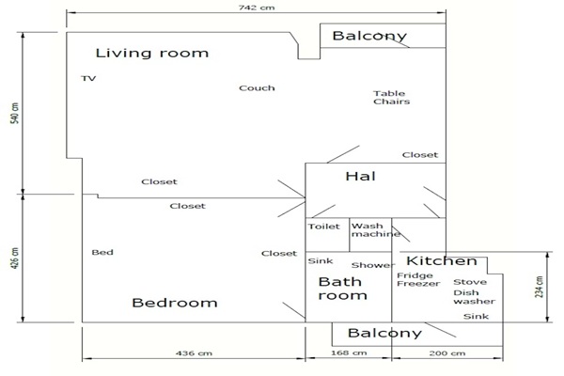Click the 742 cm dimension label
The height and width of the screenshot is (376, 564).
click(257, 8)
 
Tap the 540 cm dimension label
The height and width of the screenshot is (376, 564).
click(15, 114)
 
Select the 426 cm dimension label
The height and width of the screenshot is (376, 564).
click(15, 258)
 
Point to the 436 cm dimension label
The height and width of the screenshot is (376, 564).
click(194, 353)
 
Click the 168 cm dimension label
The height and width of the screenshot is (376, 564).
click(349, 353)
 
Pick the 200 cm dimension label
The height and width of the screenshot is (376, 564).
click(447, 353)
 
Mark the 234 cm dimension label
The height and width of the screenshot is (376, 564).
click(539, 287)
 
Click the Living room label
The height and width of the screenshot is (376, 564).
click(151, 54)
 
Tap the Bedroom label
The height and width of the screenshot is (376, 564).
click(175, 303)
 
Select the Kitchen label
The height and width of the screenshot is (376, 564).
click(442, 261)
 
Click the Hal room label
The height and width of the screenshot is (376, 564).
click(360, 177)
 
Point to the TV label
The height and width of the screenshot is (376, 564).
click(88, 78)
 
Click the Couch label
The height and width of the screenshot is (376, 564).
click(257, 88)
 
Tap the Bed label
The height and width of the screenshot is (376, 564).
click(102, 252)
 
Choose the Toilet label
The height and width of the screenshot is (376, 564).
click(323, 227)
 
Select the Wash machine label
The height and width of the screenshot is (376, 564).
click(376, 230)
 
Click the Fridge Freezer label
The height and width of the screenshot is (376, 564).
click(418, 279)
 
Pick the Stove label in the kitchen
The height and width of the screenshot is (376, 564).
click(470, 282)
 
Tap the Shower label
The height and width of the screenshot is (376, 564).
click(373, 265)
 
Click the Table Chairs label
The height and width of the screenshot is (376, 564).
click(391, 98)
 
